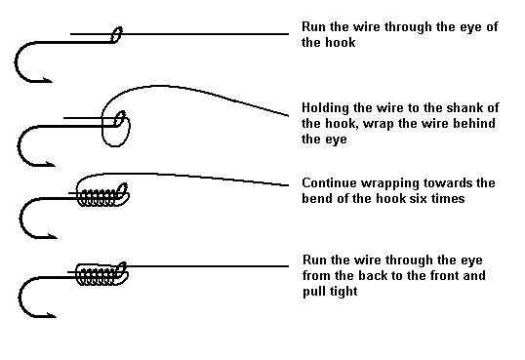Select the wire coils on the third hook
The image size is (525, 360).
[98, 198]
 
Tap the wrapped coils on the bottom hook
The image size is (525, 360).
[97, 274]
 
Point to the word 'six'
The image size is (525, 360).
[417, 198]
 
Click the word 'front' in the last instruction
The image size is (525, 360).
[444, 275]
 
